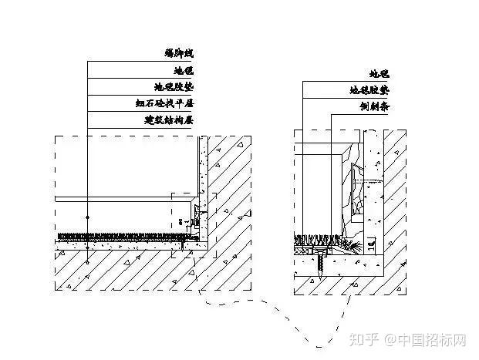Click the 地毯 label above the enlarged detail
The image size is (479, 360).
pyautogui.click(x=379, y=74)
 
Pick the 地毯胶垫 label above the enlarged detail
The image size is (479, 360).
pyautogui.click(x=368, y=90)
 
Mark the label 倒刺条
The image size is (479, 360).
pyautogui.click(x=374, y=107)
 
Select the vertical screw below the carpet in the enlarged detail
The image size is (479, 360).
pyautogui.click(x=320, y=261)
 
